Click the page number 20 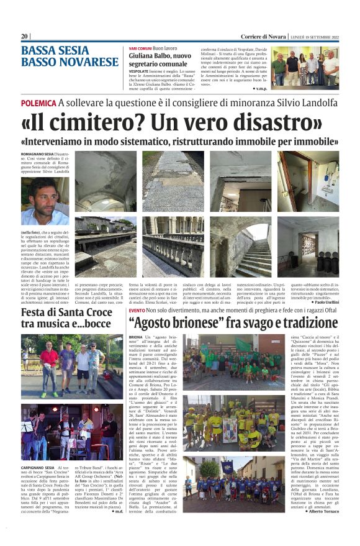25,36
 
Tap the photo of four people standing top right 305,68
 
